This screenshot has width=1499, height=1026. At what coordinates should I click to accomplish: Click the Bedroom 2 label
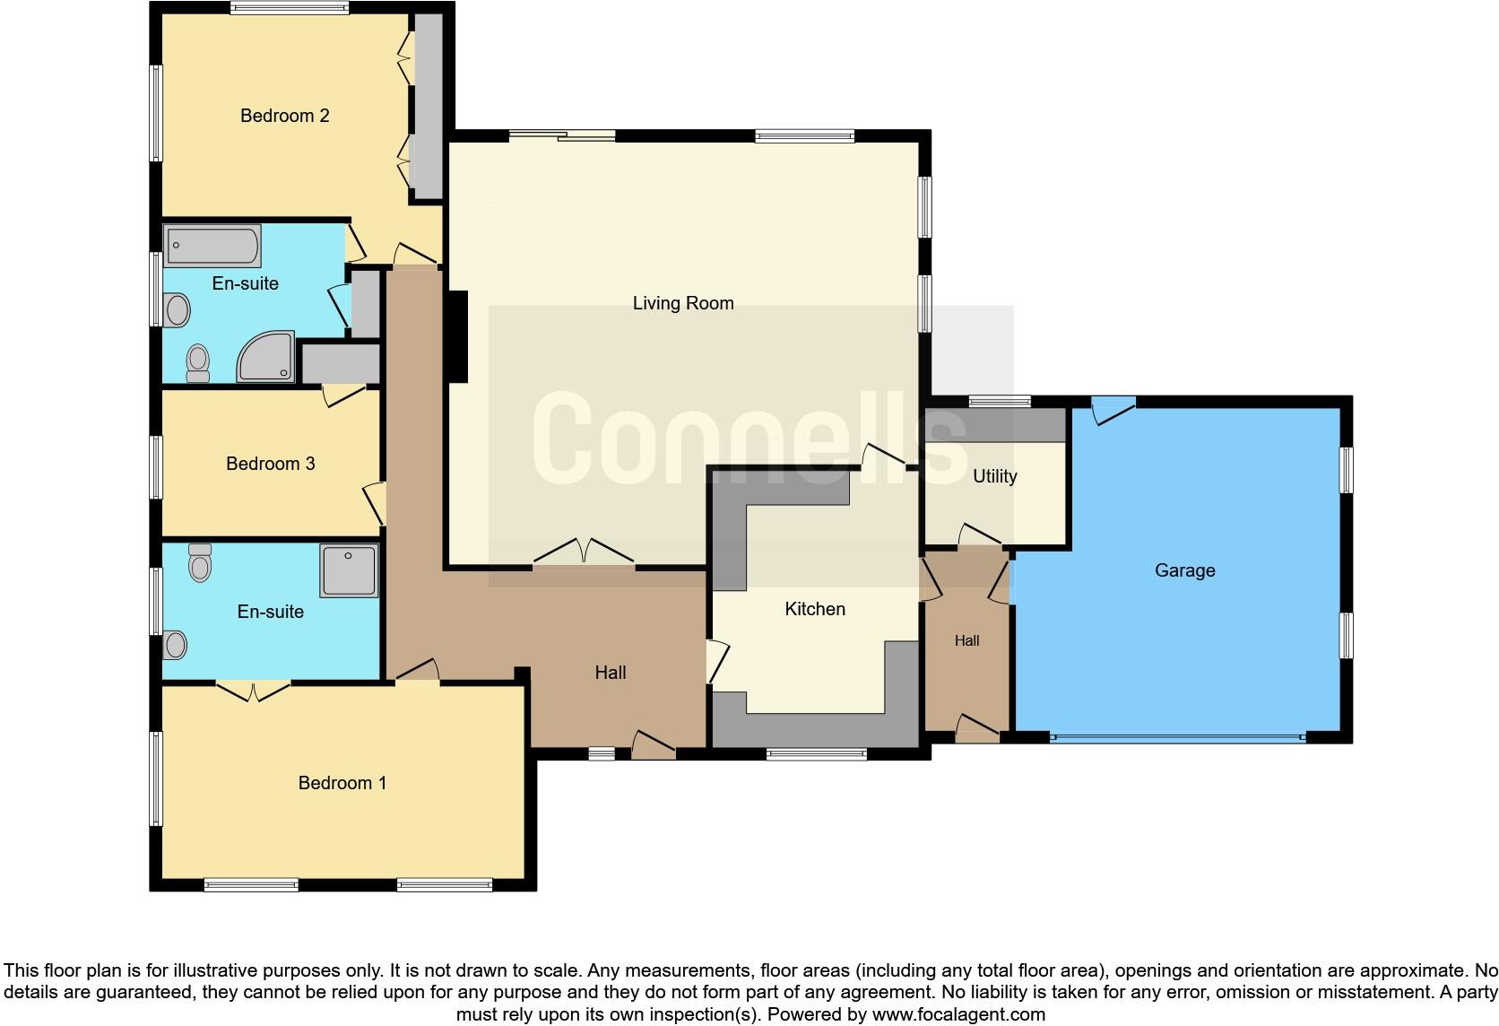[x=284, y=116]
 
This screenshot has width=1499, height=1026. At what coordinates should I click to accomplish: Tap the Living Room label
[x=682, y=303]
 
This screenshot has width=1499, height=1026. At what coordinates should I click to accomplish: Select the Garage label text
[x=1184, y=570]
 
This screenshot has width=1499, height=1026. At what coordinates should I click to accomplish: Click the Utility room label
[x=994, y=476]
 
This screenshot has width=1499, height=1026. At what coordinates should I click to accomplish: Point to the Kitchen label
[x=814, y=609]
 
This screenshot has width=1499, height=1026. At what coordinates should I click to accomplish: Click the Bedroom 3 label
[x=270, y=464]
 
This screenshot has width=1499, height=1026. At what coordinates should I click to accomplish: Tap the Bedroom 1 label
[x=342, y=783]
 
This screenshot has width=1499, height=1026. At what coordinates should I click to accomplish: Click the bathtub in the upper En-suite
[x=212, y=245]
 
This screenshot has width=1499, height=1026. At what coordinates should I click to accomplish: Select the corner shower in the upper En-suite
[x=266, y=356]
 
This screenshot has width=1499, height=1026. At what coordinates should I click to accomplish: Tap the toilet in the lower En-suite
[x=200, y=562]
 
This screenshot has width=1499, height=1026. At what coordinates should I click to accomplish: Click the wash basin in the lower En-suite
[x=176, y=644]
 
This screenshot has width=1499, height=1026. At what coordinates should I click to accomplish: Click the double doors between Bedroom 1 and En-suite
[x=254, y=690]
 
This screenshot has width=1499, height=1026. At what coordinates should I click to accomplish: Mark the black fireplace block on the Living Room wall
[x=457, y=337]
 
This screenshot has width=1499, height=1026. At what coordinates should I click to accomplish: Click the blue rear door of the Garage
[x=1113, y=408]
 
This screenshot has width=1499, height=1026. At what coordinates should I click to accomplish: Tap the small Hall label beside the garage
[x=966, y=640]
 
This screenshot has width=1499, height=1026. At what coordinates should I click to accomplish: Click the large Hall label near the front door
[x=610, y=673]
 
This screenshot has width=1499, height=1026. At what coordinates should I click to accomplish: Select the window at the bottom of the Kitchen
[x=816, y=754]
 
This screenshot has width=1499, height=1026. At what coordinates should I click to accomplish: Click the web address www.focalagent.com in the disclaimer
[x=958, y=1015]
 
